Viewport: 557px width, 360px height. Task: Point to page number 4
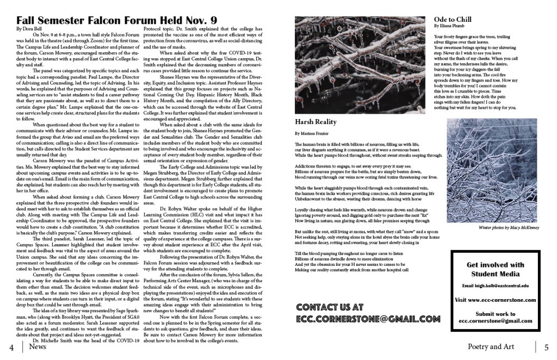pyautogui.click(x=11, y=347)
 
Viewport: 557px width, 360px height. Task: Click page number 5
pyautogui.click(x=546, y=347)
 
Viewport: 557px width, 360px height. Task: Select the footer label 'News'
pyautogui.click(x=38, y=346)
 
